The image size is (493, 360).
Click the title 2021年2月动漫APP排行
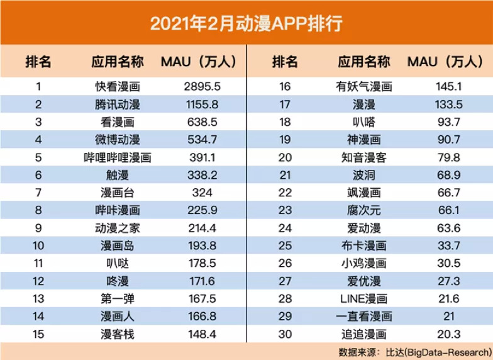point(246,23)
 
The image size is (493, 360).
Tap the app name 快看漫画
point(118,86)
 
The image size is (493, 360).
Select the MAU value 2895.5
point(198,86)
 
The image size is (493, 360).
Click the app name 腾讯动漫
point(118,104)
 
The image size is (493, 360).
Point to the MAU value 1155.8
point(198,104)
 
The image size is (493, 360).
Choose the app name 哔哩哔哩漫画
point(118,157)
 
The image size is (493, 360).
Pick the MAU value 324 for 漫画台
point(198,193)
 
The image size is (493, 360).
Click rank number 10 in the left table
point(38,245)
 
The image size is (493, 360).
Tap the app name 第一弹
point(118,299)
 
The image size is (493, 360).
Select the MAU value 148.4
point(198,334)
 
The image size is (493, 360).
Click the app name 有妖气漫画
point(364,86)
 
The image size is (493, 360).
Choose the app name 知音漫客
point(364,157)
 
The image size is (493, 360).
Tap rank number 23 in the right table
point(284,210)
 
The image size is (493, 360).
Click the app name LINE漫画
point(364,299)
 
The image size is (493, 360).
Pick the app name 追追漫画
point(364,334)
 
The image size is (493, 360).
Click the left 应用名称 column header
point(118,62)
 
